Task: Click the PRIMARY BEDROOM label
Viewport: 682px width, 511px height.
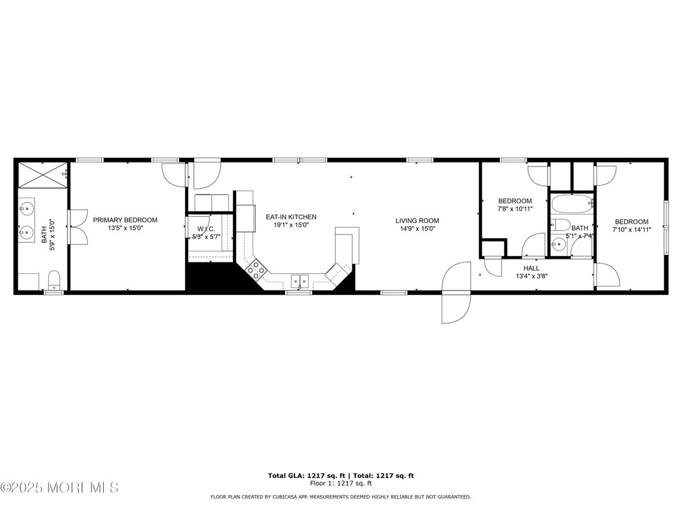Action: point(125,220)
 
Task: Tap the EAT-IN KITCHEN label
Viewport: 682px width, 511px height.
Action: point(291,217)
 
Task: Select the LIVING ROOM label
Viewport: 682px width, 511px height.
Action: point(417,221)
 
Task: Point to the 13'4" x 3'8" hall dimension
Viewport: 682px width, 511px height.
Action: point(531,276)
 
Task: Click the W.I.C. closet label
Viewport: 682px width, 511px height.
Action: point(205,229)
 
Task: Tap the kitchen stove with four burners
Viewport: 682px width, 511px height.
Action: point(256,271)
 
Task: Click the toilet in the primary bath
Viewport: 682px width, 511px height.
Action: point(55,280)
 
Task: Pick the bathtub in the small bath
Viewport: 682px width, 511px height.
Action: point(572,205)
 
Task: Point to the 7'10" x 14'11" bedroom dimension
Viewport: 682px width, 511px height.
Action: point(631,230)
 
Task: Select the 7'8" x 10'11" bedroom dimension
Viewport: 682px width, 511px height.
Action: point(515,208)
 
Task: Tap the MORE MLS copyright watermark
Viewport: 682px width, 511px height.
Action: point(59,488)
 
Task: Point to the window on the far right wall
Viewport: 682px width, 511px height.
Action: point(666,226)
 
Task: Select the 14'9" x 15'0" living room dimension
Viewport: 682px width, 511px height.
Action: point(417,229)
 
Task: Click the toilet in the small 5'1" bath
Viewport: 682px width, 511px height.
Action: point(560,224)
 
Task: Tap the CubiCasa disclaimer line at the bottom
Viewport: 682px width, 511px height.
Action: point(340,497)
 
